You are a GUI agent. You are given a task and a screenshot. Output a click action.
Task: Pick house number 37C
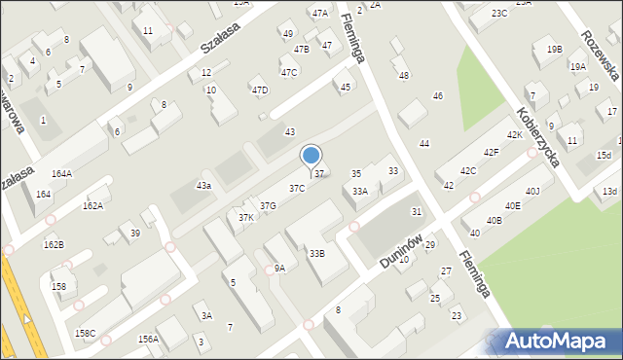(x=296, y=188)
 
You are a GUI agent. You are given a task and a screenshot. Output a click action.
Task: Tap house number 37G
(x=268, y=205)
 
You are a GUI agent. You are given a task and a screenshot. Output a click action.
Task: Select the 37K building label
(x=246, y=218)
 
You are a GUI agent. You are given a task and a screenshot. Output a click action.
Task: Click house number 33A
(x=360, y=192)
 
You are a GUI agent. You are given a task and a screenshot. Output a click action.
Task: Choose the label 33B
(x=317, y=253)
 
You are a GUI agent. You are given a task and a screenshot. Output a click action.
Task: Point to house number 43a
(x=203, y=185)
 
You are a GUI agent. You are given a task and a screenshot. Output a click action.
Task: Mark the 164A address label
(x=61, y=173)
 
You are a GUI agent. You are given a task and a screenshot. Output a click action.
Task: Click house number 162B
(x=54, y=244)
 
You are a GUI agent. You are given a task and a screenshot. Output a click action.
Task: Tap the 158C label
(x=86, y=334)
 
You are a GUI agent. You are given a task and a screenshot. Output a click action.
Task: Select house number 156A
(x=148, y=339)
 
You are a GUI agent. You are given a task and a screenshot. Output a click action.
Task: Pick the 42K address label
(x=514, y=135)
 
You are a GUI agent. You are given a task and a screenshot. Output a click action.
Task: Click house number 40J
(x=532, y=191)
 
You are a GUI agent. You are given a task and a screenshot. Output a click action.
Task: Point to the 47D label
(x=259, y=90)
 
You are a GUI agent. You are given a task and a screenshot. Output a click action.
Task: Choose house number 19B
(x=554, y=50)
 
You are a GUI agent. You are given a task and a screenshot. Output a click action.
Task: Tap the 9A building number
(x=279, y=268)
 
